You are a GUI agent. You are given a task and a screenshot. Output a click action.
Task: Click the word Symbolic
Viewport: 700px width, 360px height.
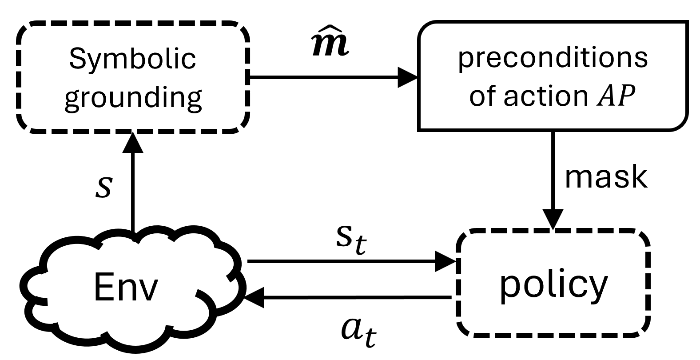tap(132, 59)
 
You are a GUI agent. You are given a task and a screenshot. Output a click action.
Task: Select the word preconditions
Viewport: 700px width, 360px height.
tap(553, 58)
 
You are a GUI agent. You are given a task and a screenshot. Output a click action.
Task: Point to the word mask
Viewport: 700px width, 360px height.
tap(606, 177)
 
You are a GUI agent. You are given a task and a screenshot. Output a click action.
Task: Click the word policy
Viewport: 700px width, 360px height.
tap(553, 284)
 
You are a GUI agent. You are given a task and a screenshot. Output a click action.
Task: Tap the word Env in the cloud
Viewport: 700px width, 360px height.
tap(126, 287)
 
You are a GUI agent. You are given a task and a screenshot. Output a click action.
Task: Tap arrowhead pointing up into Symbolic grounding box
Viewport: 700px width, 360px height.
tap(132, 142)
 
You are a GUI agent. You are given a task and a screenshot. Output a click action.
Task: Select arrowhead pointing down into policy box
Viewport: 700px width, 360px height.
tap(553, 220)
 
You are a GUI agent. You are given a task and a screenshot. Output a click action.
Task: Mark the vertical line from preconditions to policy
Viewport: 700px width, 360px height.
tap(553, 169)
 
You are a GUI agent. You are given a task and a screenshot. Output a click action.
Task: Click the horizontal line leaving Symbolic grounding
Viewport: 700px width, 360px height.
tap(324, 78)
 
